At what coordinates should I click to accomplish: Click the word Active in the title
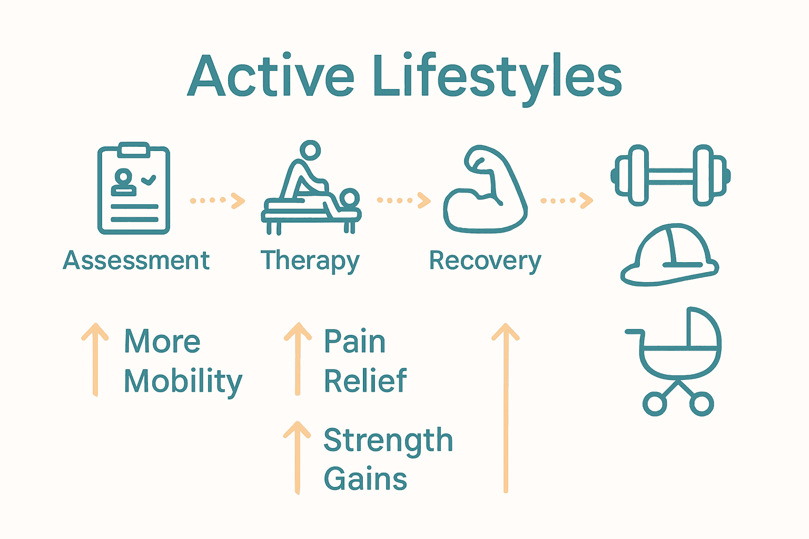pos(271,77)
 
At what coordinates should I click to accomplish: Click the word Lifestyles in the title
pos(497,77)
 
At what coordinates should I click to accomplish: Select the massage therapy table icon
pos(311,189)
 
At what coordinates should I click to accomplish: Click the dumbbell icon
pos(670,175)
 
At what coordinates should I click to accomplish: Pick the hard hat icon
pos(669,255)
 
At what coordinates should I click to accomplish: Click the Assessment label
pos(136,261)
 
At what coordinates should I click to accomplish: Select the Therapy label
pos(310,261)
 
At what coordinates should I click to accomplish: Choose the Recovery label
pos(485,261)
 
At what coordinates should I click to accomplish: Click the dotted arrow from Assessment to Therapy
pos(218,201)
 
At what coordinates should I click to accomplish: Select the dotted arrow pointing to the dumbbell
pos(567,201)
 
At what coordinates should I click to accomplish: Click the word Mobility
pos(183,381)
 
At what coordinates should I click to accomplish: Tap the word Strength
pos(388,441)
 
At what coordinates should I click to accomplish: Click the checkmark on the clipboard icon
pos(149,179)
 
